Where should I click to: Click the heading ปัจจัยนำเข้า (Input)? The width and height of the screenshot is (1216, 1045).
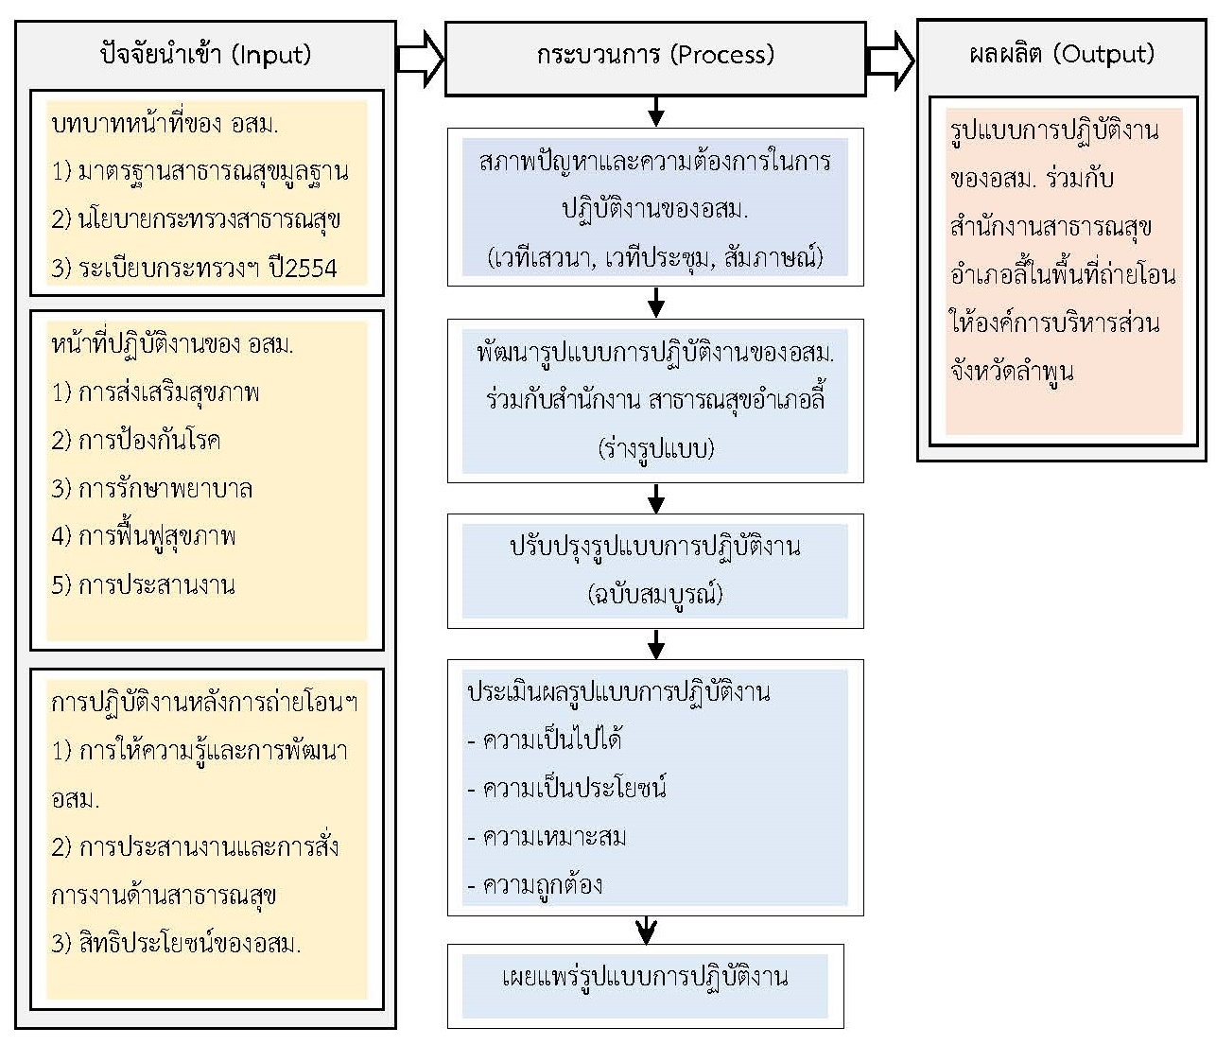click(x=205, y=54)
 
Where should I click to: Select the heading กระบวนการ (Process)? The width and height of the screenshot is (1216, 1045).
click(x=655, y=55)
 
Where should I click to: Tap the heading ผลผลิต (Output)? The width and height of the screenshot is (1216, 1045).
click(x=1062, y=54)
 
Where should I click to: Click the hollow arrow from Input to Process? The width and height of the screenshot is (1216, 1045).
click(x=420, y=59)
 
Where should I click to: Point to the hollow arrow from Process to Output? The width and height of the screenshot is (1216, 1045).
click(x=891, y=59)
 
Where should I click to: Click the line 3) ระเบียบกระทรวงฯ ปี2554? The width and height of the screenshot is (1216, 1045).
click(x=195, y=268)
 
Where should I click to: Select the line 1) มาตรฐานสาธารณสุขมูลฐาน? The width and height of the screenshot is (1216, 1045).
click(x=200, y=171)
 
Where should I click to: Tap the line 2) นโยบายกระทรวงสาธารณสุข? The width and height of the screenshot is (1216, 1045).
click(x=197, y=219)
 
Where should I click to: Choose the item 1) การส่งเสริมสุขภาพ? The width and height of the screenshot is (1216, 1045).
click(x=156, y=392)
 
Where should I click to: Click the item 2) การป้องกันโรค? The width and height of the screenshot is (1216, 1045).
click(x=136, y=441)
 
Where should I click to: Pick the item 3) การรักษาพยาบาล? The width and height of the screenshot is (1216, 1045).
click(x=152, y=489)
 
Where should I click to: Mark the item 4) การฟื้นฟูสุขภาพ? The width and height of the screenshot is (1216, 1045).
click(x=144, y=537)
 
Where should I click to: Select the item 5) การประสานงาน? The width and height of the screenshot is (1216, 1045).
click(x=144, y=585)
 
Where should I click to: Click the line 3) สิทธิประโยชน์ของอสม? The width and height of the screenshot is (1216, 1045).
click(x=177, y=943)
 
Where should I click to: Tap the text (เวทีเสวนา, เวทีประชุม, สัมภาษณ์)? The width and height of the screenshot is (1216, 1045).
click(x=655, y=257)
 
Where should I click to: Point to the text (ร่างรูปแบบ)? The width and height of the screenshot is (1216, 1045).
click(x=655, y=448)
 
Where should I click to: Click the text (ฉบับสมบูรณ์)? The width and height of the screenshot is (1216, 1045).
click(x=655, y=594)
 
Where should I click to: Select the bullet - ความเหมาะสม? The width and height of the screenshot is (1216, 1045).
click(x=547, y=837)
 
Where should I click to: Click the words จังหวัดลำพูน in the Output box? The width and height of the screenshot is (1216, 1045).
click(x=1012, y=372)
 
